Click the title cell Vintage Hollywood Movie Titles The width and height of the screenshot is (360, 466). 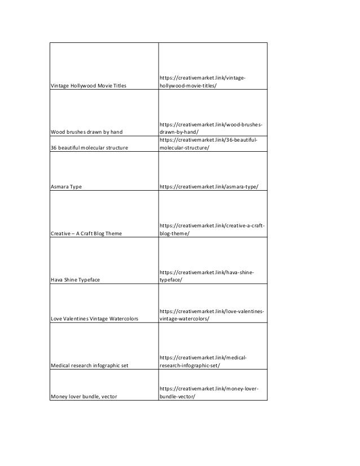click(89, 85)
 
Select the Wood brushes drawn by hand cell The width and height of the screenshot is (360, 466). click(86, 132)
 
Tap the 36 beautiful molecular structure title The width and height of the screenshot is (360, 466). click(89, 148)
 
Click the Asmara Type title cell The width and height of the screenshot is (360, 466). click(66, 186)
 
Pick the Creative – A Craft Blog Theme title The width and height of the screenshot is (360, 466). click(86, 233)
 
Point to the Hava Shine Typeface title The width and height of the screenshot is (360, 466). click(79, 280)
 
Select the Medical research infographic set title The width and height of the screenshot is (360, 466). click(89, 366)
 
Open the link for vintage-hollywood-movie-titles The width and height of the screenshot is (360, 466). click(204, 81)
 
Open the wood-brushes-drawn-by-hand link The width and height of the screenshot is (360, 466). click(211, 128)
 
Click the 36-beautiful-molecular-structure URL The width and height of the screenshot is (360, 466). click(209, 144)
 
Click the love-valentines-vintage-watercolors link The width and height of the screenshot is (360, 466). click(212, 315)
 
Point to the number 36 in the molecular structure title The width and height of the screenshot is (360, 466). click(54, 148)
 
